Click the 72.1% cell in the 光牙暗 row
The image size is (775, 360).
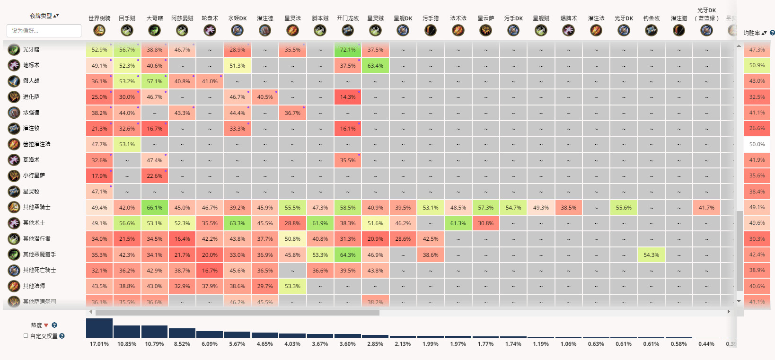(x=348, y=50)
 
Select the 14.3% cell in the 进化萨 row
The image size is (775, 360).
(x=348, y=97)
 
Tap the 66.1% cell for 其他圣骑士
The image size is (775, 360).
(x=154, y=207)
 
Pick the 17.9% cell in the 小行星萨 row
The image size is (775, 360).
(x=99, y=176)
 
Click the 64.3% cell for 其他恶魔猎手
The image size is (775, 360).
(x=348, y=255)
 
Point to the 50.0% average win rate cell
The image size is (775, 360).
(x=757, y=144)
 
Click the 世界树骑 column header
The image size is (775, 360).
(x=99, y=18)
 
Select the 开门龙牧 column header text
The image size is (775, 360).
(x=348, y=18)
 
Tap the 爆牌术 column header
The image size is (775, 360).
(x=568, y=18)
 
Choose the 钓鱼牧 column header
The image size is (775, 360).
(x=651, y=18)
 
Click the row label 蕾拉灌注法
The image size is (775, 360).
(x=36, y=144)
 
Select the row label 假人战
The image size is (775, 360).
(x=31, y=81)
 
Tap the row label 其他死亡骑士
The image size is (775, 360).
(x=39, y=270)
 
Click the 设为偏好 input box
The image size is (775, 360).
(x=44, y=31)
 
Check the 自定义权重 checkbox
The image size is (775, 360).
(x=26, y=336)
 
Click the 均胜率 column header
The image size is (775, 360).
(x=752, y=33)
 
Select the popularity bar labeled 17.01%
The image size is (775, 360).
(x=99, y=328)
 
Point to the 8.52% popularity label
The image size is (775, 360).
(x=182, y=344)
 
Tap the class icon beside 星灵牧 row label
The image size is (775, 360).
(x=14, y=192)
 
